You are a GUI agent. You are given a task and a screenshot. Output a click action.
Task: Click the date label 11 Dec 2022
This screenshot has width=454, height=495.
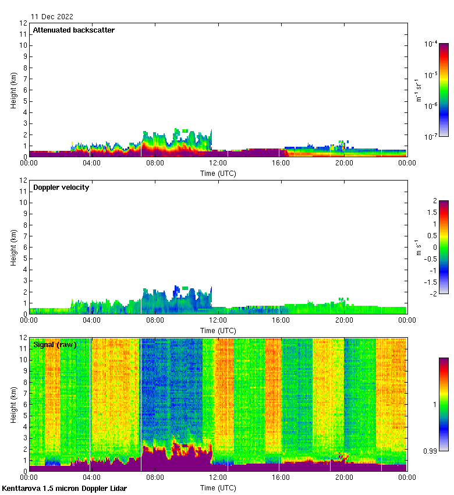[52, 17]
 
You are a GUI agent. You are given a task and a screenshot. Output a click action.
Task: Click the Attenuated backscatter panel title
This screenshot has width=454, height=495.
[73, 30]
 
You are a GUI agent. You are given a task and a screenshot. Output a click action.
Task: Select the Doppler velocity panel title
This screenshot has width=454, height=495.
[61, 188]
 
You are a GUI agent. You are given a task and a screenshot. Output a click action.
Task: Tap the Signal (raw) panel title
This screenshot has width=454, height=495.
[55, 345]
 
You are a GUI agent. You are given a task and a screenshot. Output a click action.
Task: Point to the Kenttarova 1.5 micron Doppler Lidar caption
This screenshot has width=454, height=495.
[64, 488]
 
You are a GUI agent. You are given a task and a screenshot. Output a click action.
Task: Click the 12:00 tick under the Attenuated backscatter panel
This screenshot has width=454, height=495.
[218, 164]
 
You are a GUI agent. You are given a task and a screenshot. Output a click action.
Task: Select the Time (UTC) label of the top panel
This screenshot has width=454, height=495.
[218, 173]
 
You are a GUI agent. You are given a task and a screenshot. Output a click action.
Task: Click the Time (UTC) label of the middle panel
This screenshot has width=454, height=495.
[218, 330]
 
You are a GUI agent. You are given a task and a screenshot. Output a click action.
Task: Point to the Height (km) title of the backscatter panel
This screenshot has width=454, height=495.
[13, 90]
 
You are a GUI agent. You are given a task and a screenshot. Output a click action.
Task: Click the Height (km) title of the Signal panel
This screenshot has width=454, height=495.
[13, 405]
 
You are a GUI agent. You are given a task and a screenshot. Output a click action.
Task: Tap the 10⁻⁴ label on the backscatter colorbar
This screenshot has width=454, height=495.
[431, 44]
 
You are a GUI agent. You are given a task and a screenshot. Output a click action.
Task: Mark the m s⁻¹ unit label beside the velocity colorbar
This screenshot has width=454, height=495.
[418, 247]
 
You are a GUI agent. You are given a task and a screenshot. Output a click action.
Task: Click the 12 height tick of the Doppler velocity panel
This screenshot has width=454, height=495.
[23, 181]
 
